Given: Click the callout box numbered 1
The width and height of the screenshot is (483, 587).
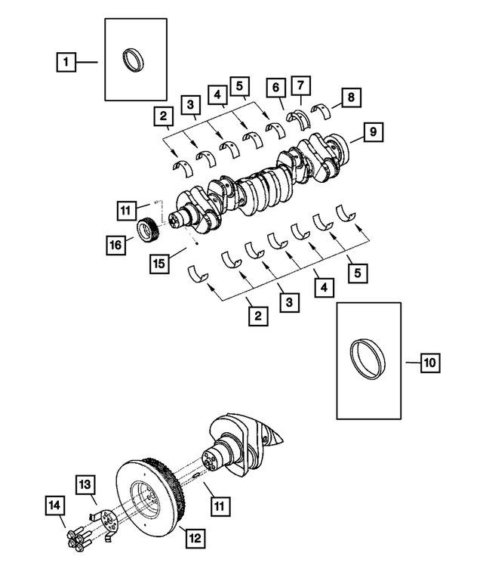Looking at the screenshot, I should (x=67, y=61).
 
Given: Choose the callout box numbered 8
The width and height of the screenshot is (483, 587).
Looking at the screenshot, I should (x=350, y=97).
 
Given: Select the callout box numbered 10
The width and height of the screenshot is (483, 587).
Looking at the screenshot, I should (x=429, y=363).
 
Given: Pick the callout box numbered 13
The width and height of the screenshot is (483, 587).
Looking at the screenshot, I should (x=85, y=484).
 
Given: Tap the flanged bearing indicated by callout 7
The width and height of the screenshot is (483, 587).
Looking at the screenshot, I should (x=302, y=119).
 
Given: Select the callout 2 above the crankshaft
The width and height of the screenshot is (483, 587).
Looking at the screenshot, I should (x=162, y=117).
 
